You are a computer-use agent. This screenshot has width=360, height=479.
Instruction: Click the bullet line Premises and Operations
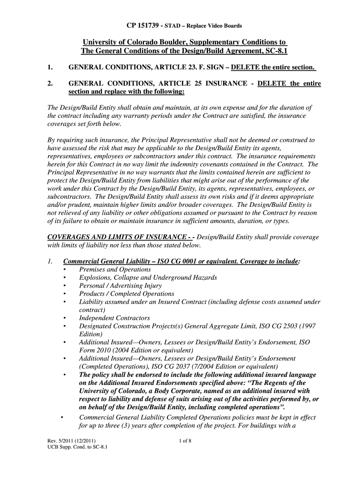point(115,269)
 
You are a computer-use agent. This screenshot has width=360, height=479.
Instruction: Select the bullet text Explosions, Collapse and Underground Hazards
point(148,277)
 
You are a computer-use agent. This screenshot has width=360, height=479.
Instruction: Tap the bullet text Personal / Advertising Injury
point(121,285)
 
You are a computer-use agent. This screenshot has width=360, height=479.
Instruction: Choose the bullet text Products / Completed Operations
point(127,294)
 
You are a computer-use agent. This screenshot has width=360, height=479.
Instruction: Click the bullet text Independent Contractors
point(115,318)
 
